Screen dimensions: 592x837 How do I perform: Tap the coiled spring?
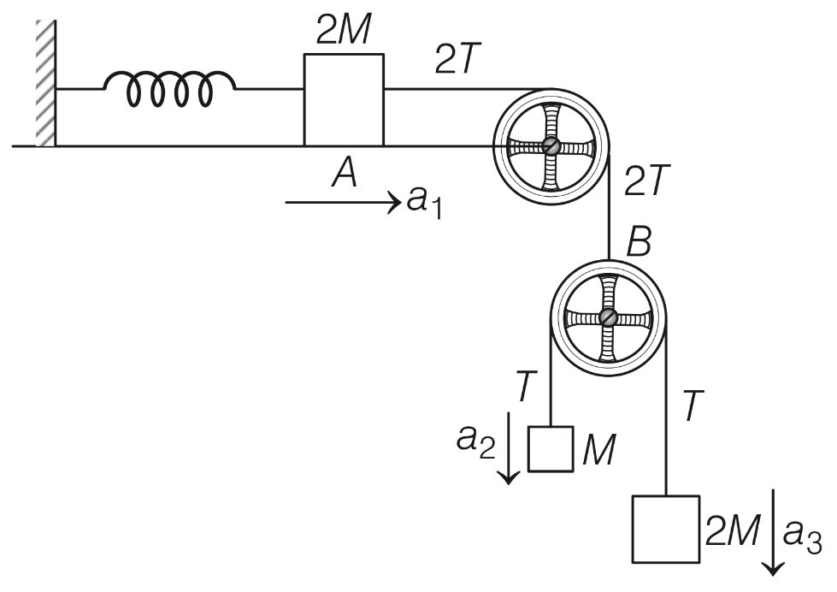point(168,88)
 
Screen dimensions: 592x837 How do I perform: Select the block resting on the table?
point(344,99)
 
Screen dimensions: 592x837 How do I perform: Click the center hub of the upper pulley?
point(551,146)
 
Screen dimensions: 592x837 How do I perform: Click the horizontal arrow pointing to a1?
point(343,203)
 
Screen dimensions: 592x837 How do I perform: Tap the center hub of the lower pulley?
point(609,317)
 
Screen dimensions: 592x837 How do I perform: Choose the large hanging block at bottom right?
point(664,528)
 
